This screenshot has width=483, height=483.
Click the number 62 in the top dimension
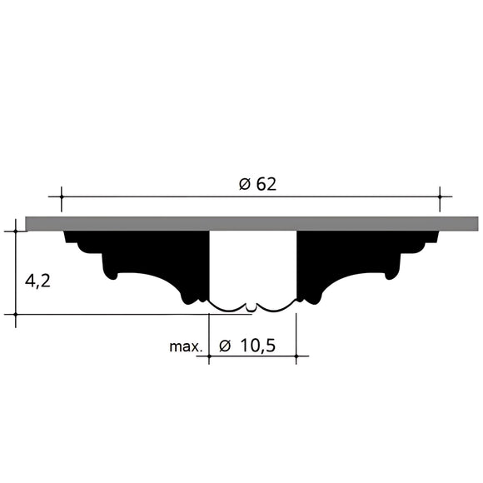coord(266,185)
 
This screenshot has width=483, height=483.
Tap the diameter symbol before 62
coord(244,185)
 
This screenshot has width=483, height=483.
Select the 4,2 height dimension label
coord(37,281)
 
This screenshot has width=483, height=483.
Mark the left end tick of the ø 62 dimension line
coord(61,197)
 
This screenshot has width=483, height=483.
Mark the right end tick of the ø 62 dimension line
coord(440,197)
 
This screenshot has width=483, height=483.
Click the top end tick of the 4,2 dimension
coord(16,231)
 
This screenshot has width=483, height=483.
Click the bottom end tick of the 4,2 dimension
coord(16,315)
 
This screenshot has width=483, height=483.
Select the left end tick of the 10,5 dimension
coord(208,356)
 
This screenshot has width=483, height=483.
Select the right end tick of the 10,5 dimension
coord(296,356)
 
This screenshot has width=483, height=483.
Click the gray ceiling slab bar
coord(250,223)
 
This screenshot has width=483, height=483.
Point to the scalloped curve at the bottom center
coord(252,307)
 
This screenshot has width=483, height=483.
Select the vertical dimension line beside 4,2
coord(16,272)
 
